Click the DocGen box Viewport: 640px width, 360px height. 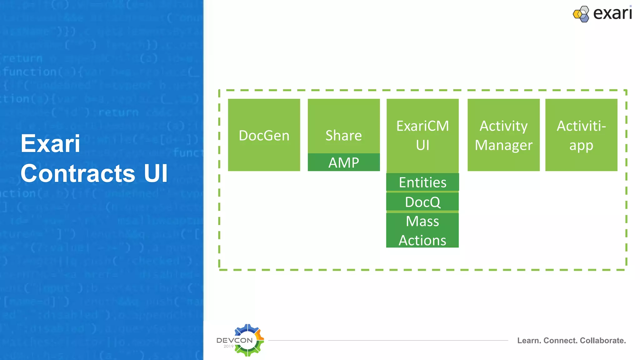pos(264,135)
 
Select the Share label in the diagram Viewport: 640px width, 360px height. pos(343,135)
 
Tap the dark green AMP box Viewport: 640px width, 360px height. pos(343,162)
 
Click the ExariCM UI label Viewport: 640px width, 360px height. pos(422,135)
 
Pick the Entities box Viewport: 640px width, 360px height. pos(422,182)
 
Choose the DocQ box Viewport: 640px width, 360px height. pos(422,202)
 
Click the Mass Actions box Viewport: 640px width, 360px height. pos(422,231)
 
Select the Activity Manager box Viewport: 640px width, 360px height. pos(503,135)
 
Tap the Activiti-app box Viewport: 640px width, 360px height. pos(581,135)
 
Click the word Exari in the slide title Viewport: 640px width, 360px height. pos(50,143)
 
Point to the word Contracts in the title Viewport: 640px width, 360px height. pos(78,173)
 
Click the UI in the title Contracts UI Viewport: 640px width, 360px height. pos(156,173)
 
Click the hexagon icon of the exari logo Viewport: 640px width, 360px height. pos(581,14)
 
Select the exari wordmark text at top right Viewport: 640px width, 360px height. pos(612,13)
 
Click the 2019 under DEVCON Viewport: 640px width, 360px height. pos(228,346)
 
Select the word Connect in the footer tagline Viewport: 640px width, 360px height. pos(561,341)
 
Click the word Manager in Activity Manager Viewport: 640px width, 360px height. pos(503,145)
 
